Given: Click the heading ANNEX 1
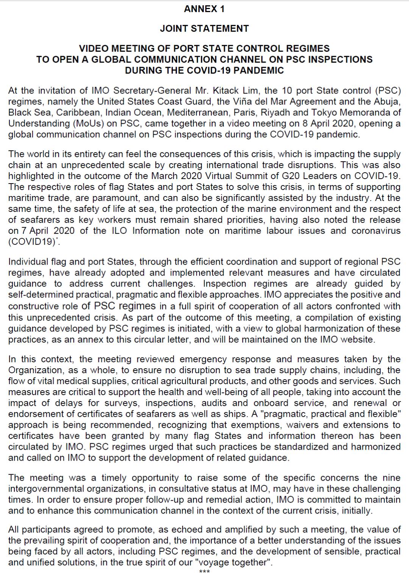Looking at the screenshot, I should (x=204, y=9).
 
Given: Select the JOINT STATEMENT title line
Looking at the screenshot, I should (x=204, y=28).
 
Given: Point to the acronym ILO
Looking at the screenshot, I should (x=120, y=231).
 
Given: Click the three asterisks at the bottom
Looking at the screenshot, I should (x=204, y=571).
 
